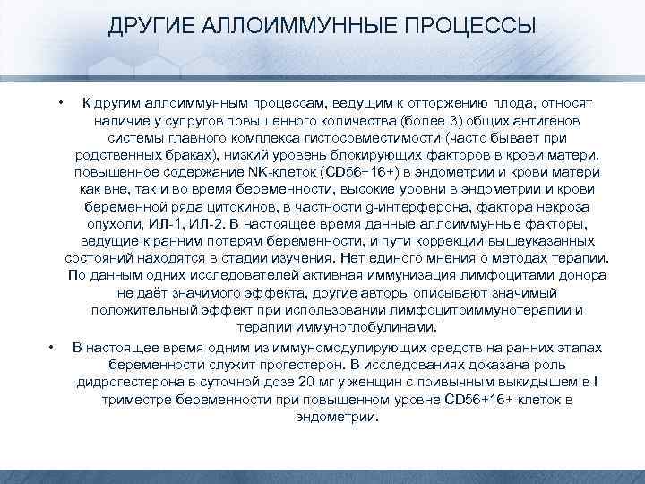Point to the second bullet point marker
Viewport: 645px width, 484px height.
(x=53, y=346)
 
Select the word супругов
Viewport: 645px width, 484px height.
(x=191, y=121)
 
